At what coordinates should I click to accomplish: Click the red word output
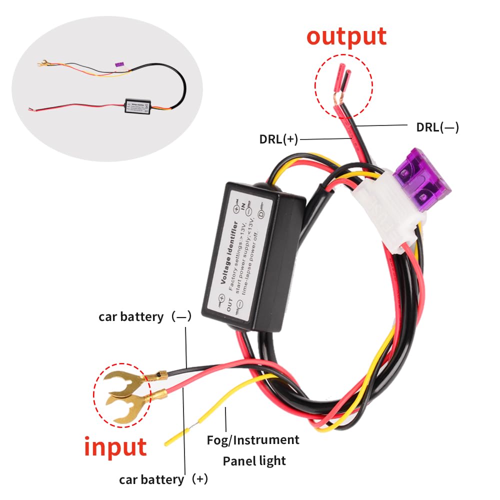346,36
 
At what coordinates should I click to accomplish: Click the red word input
115,446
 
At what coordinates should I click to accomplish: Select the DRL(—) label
437,127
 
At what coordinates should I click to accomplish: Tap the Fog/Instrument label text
253,440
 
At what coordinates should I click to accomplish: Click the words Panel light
254,460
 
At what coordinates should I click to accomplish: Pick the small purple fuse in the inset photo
119,65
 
